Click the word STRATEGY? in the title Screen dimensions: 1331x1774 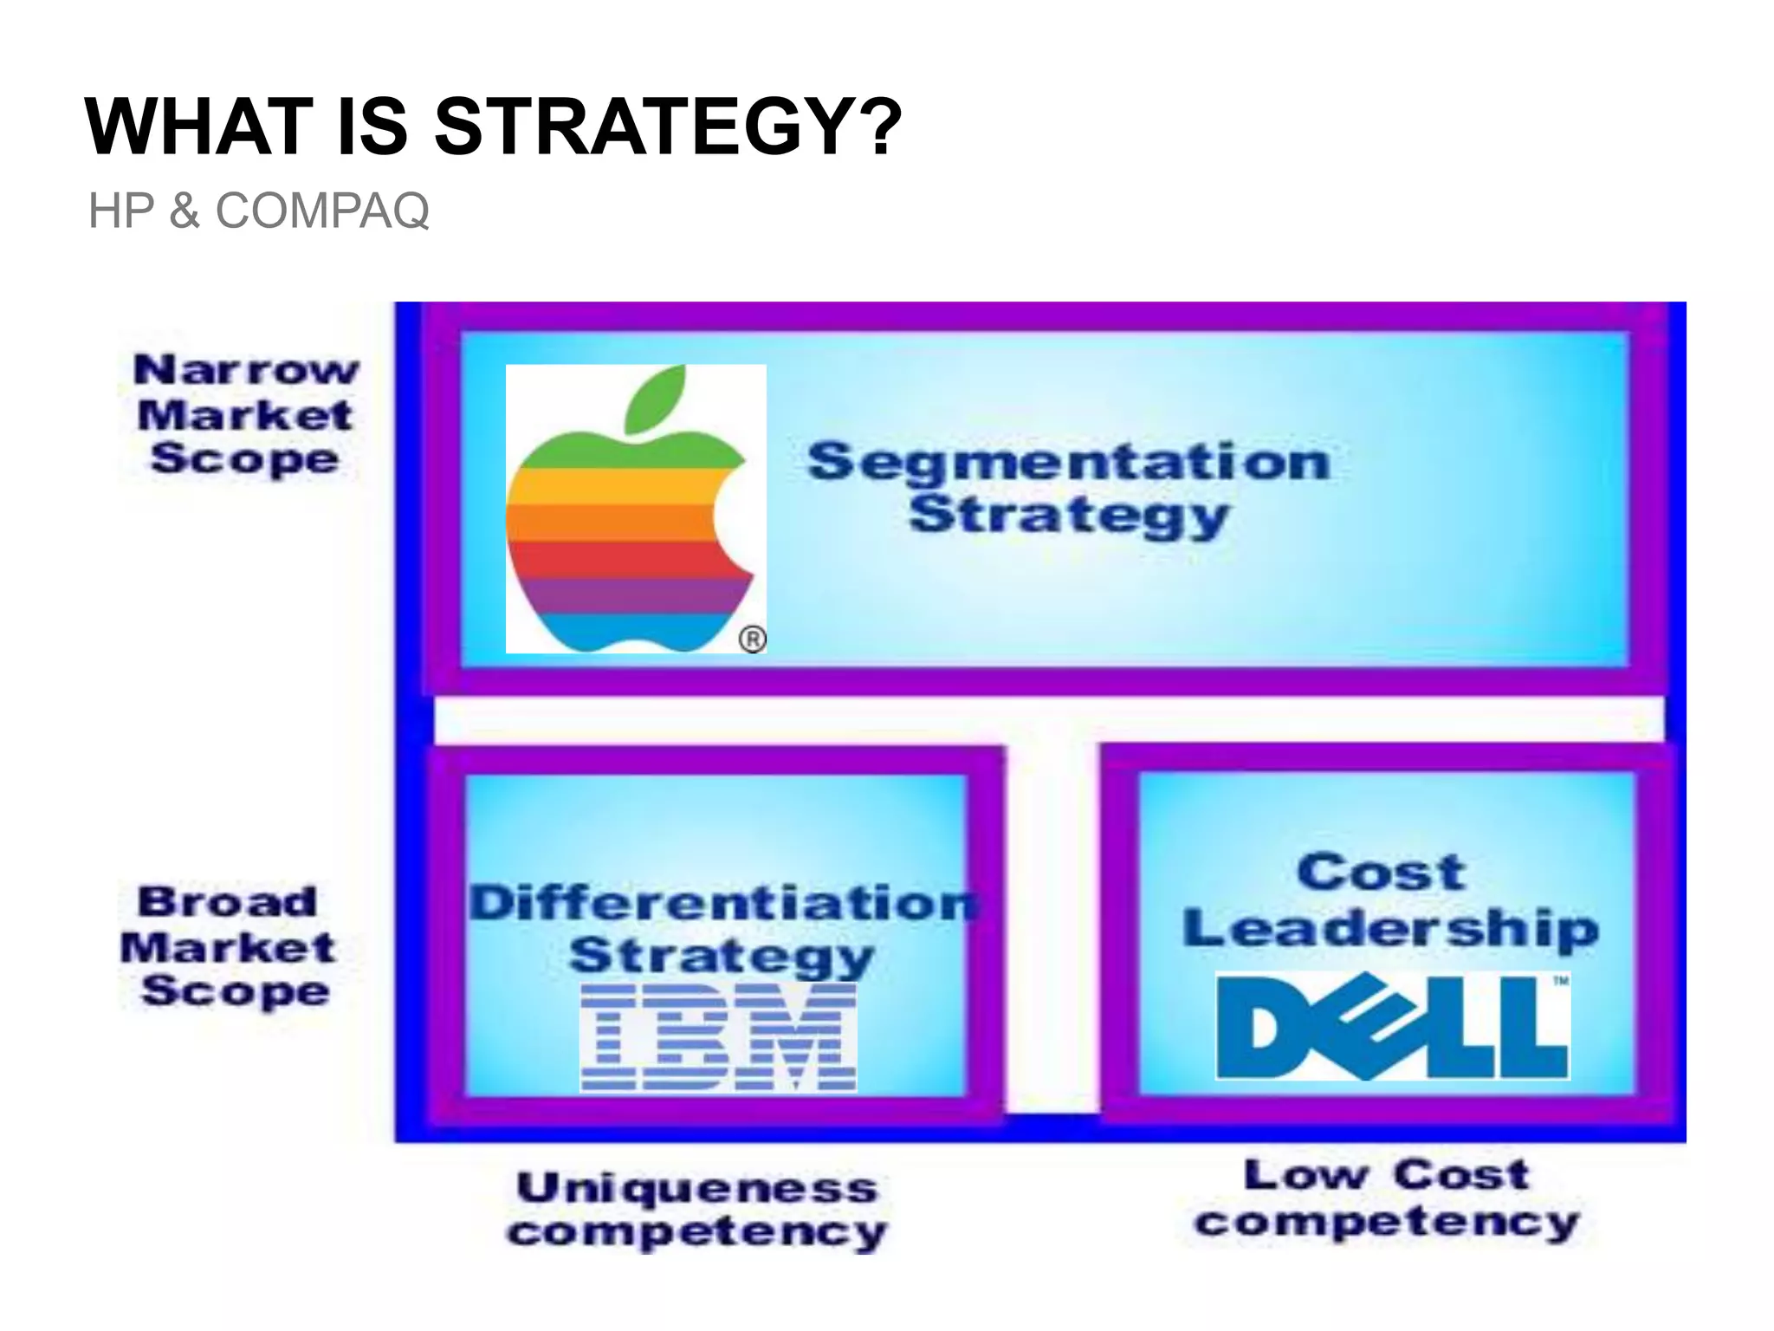tap(667, 127)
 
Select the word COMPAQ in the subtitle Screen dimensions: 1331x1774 tap(321, 211)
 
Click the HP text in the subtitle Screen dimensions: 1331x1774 tap(120, 211)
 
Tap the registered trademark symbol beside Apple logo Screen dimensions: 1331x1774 tap(752, 640)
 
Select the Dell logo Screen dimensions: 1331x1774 tap(1392, 1027)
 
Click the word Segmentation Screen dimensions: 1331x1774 tap(1068, 461)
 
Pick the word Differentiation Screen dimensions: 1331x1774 tap(724, 903)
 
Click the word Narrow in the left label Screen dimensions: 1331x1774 tap(246, 370)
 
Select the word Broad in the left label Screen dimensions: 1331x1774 tap(228, 902)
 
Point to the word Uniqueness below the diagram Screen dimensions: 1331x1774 tap(697, 1187)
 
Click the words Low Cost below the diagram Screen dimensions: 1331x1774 tap(1387, 1176)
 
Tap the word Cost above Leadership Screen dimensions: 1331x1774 tap(1381, 872)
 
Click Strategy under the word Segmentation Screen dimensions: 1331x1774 tap(1068, 516)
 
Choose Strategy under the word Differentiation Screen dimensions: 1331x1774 tap(722, 956)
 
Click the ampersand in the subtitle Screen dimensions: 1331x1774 tap(184, 211)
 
